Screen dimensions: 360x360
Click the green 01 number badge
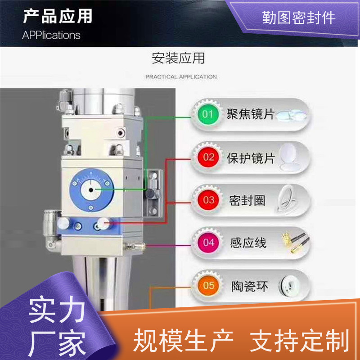coord(208,114)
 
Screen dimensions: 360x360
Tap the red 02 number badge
coord(208,157)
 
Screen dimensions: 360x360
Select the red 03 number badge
coord(208,200)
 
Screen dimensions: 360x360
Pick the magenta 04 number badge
coord(208,243)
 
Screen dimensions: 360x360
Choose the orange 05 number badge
coord(208,286)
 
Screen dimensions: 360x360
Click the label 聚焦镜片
coord(251,114)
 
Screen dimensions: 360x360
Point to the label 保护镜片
coord(251,158)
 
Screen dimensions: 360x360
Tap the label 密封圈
coord(247,201)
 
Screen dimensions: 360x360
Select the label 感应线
coord(248,243)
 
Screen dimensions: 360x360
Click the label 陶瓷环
coord(250,286)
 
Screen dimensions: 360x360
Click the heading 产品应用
coord(58,16)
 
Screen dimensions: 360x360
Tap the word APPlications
coord(51,35)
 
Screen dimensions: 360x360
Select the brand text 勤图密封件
coord(299,18)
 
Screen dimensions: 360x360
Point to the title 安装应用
coord(178,58)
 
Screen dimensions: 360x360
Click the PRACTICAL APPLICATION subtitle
coord(181,76)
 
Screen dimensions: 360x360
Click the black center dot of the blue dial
coord(91,190)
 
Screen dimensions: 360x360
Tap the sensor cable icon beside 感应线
coord(296,243)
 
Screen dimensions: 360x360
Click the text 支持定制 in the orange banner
coord(300,340)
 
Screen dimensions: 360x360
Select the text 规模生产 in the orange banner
coord(184,340)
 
